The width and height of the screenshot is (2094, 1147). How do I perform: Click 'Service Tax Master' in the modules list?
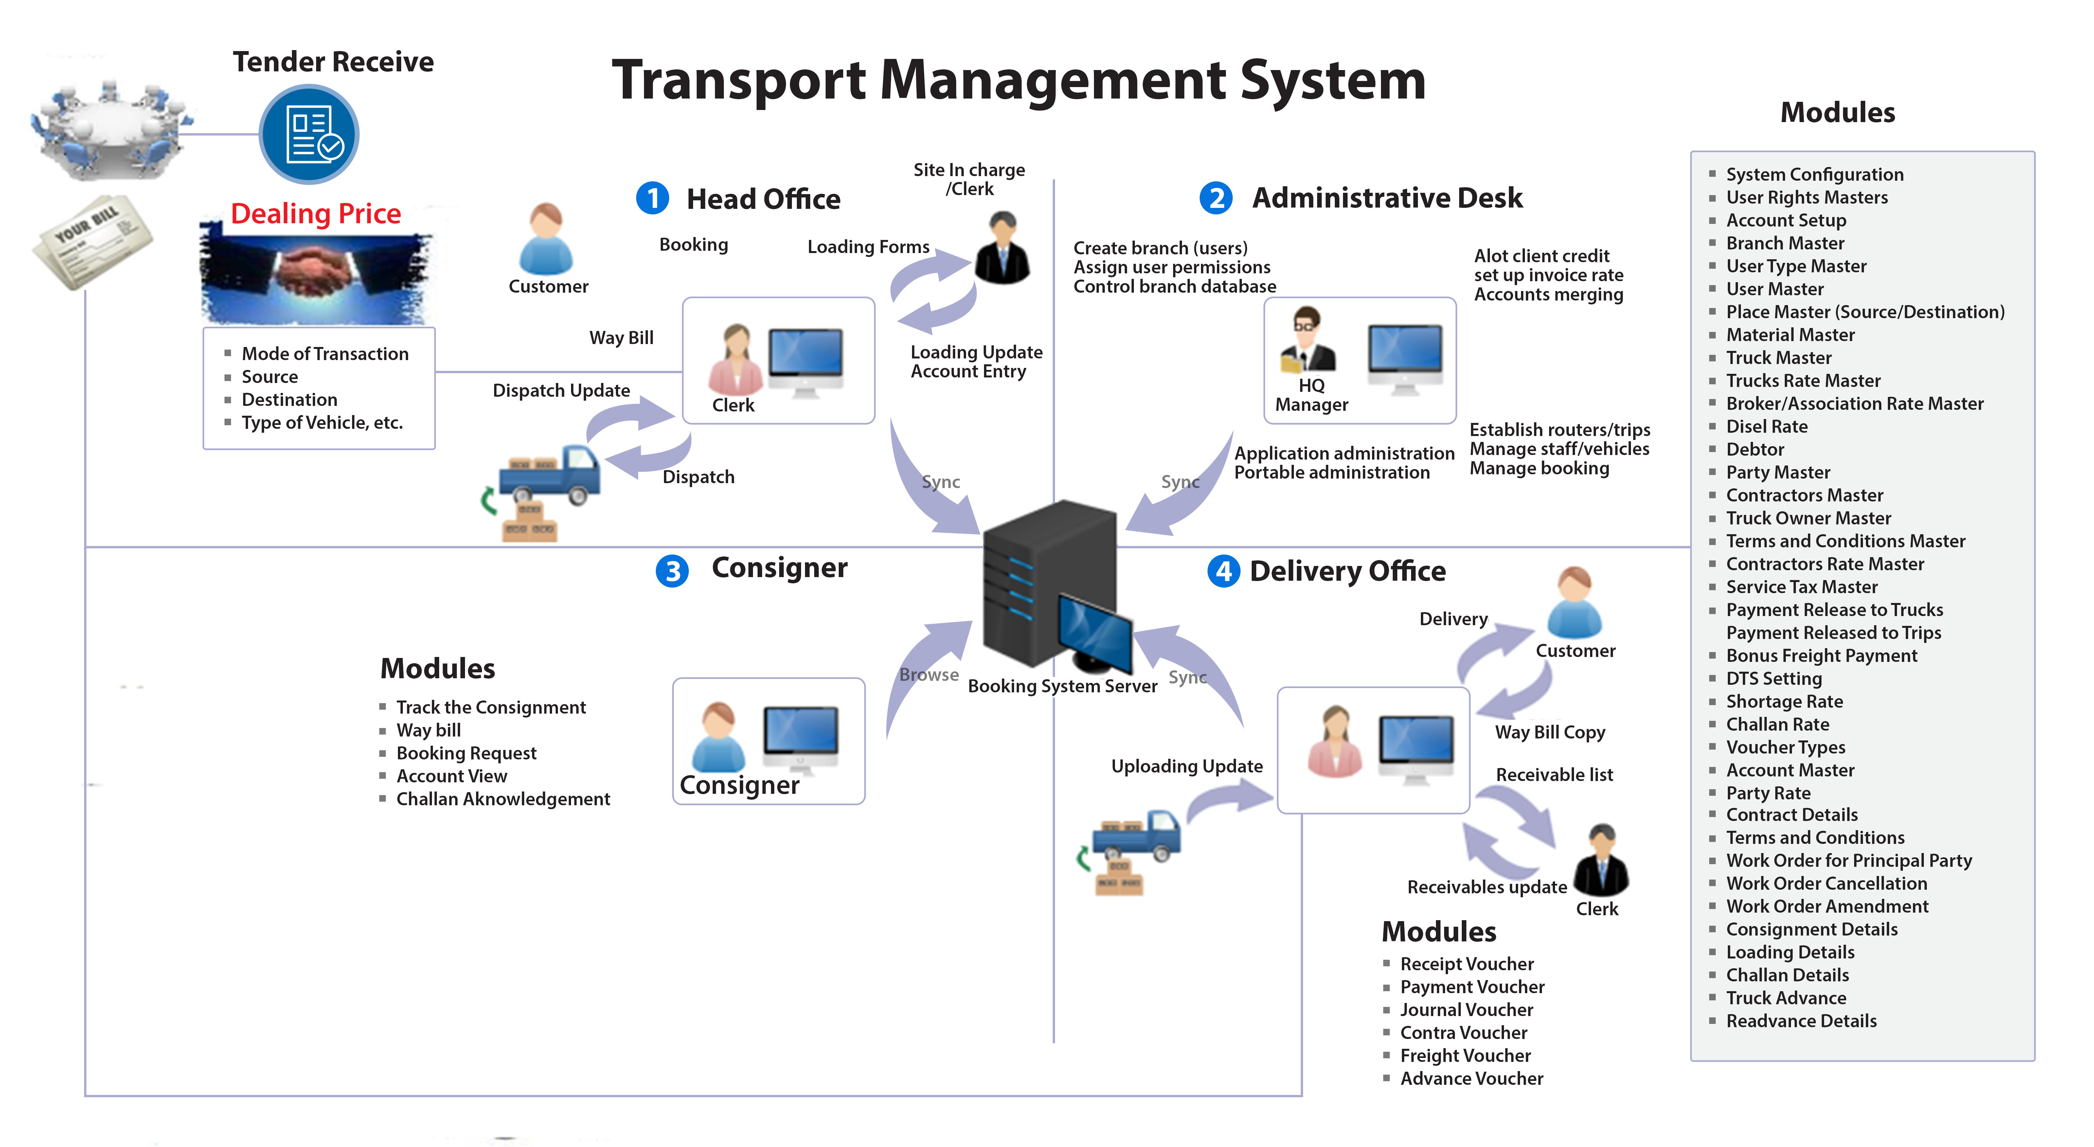[x=1801, y=587]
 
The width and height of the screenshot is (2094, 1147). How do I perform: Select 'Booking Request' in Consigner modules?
[x=466, y=754]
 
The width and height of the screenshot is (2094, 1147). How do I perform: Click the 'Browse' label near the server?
[x=928, y=675]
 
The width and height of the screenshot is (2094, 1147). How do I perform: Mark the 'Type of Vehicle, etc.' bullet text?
[x=322, y=423]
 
